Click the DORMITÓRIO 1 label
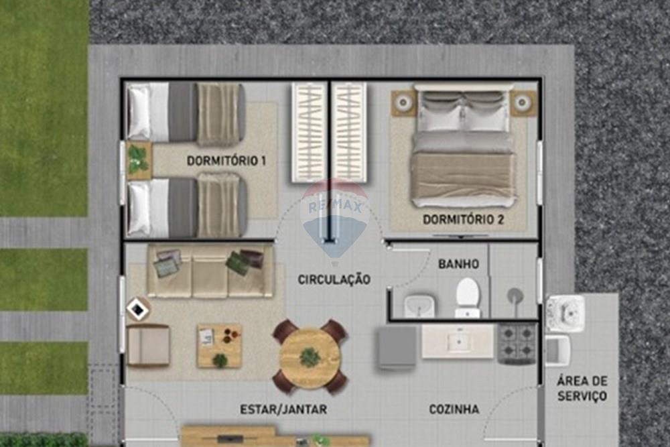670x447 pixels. pyautogui.click(x=226, y=161)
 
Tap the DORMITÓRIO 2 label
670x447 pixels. pyautogui.click(x=463, y=219)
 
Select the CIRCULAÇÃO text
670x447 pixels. pyautogui.click(x=334, y=279)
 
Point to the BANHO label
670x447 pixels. pyautogui.click(x=458, y=264)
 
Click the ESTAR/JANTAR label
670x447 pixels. pyautogui.click(x=283, y=409)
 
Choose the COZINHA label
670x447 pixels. pyautogui.click(x=454, y=409)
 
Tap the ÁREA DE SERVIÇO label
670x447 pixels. pyautogui.click(x=582, y=388)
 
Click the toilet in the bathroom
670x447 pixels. pyautogui.click(x=468, y=298)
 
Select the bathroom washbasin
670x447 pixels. pyautogui.click(x=419, y=306)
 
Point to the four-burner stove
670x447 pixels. pyautogui.click(x=517, y=344)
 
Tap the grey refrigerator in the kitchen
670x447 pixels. pyautogui.click(x=397, y=347)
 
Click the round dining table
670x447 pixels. pyautogui.click(x=310, y=357)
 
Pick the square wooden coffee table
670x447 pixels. pyautogui.click(x=219, y=346)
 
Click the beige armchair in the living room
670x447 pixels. pyautogui.click(x=147, y=345)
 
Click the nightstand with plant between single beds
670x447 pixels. pyautogui.click(x=139, y=160)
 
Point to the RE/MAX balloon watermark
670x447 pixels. pyautogui.click(x=334, y=218)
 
